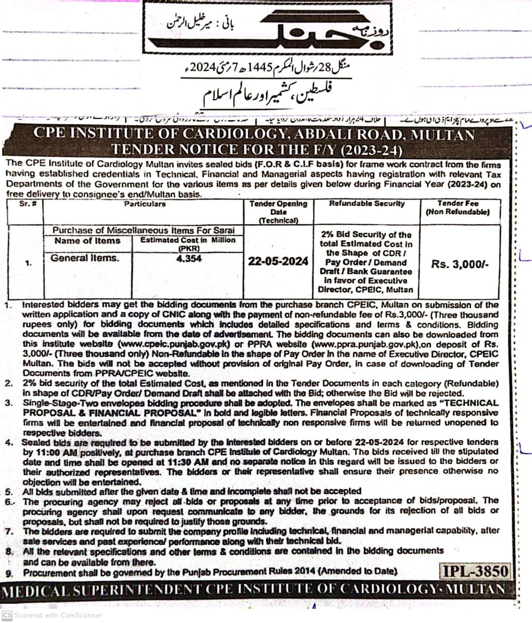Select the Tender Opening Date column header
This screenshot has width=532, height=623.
pos(278,212)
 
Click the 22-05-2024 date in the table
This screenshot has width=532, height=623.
pos(278,261)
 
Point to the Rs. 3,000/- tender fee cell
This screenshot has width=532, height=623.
pos(459,264)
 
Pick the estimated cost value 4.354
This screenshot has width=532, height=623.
pos(189,258)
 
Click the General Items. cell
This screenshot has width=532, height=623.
pos(85,258)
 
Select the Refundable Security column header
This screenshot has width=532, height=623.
pos(367,204)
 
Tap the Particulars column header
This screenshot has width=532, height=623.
pos(145,204)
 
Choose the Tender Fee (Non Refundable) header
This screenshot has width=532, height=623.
pos(458,208)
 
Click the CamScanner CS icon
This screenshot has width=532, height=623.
pos(7,615)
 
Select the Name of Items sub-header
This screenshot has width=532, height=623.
pos(87,240)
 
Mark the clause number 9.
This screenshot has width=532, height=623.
pos(9,573)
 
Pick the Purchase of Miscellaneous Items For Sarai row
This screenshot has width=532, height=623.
pos(143,230)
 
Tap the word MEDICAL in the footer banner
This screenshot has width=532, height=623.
pos(31,590)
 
